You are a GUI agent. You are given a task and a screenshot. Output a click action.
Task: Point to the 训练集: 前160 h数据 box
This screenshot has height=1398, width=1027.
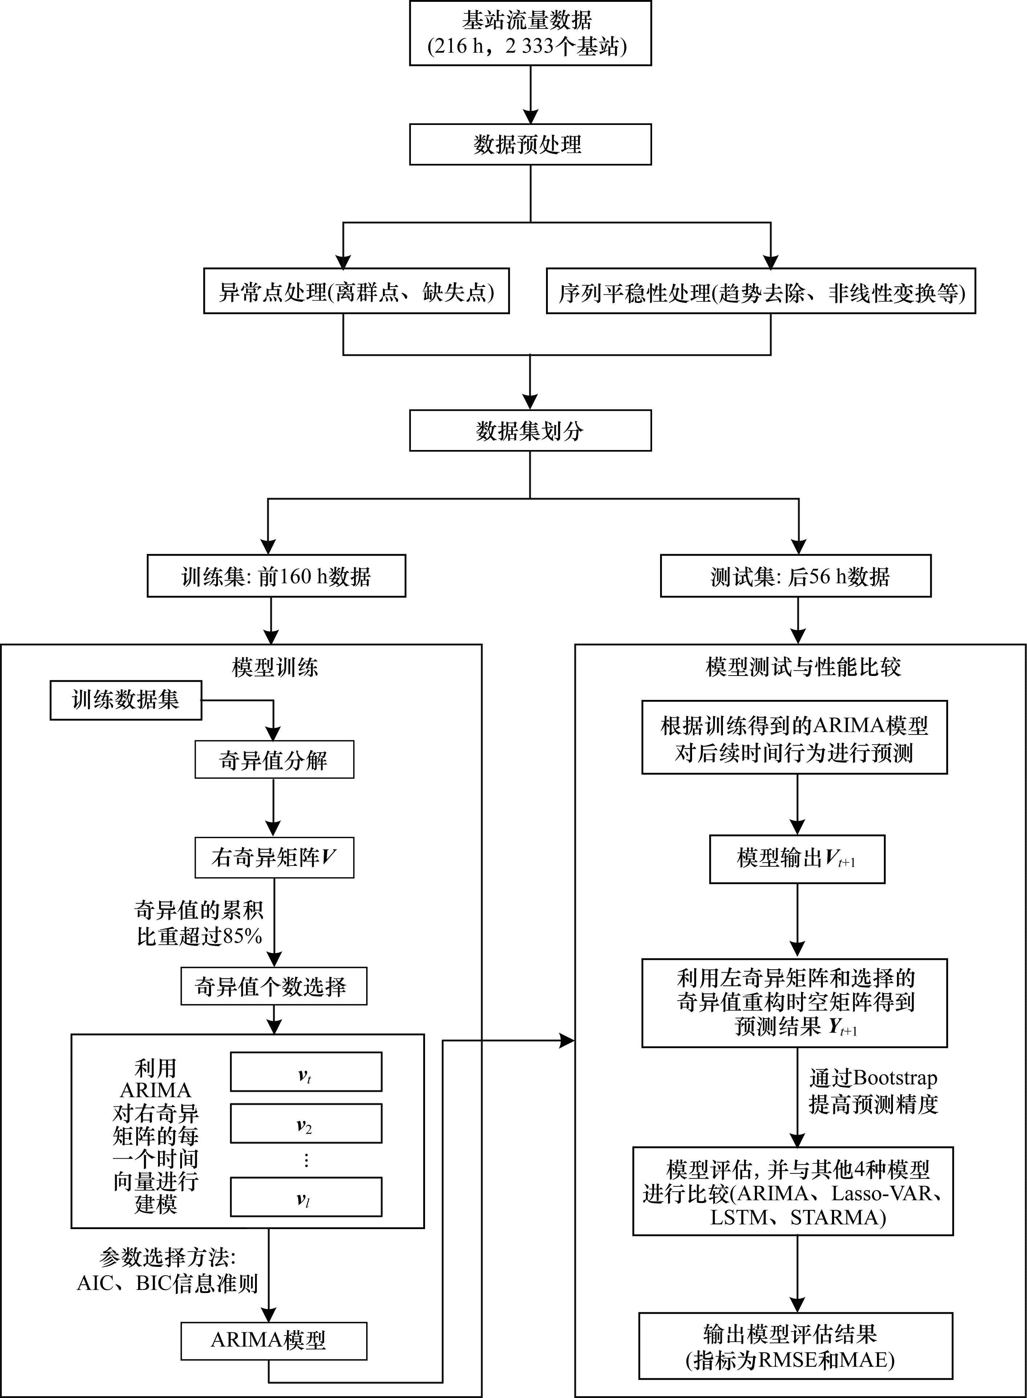tap(276, 576)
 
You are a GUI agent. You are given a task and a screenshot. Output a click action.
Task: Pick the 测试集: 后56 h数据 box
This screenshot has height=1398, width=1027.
tap(795, 576)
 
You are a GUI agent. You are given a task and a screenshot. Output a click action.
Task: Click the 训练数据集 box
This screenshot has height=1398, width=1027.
tap(126, 701)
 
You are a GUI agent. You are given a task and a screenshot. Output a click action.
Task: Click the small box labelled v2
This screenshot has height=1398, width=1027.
tap(306, 1124)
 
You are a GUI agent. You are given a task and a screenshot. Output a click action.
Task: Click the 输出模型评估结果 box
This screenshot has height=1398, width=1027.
tap(795, 1345)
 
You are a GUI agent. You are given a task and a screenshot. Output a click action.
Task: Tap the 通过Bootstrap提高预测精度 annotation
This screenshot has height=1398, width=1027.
tap(873, 1091)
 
